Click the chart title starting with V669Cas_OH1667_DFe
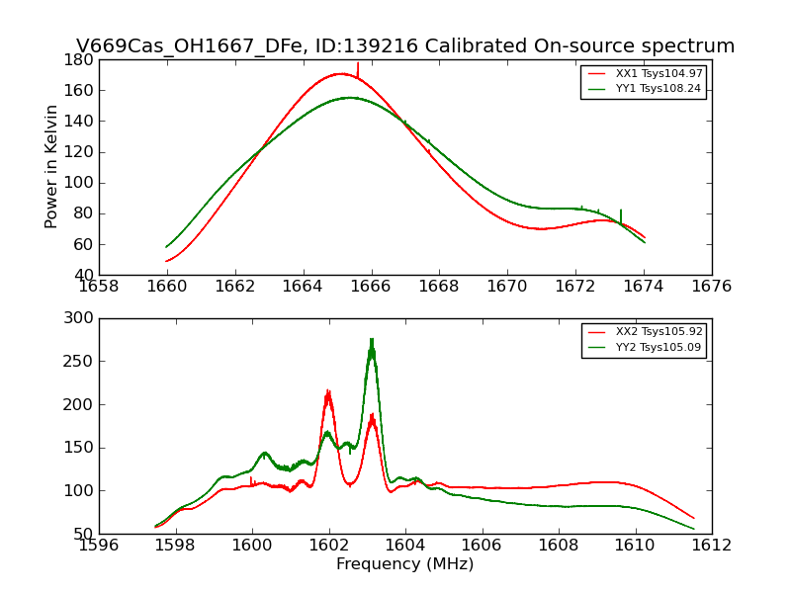tap(405, 46)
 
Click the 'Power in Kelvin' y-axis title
tap(51, 166)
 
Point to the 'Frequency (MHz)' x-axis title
tap(405, 564)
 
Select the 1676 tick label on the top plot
tap(711, 287)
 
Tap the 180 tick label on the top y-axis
tap(81, 59)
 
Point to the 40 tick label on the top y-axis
tap(85, 275)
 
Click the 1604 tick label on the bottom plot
tap(404, 546)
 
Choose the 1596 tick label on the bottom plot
tap(99, 546)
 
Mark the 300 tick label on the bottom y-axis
tap(81, 318)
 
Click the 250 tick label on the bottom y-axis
tap(81, 362)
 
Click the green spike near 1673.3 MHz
tap(621, 212)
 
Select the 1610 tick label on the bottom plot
tap(635, 546)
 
